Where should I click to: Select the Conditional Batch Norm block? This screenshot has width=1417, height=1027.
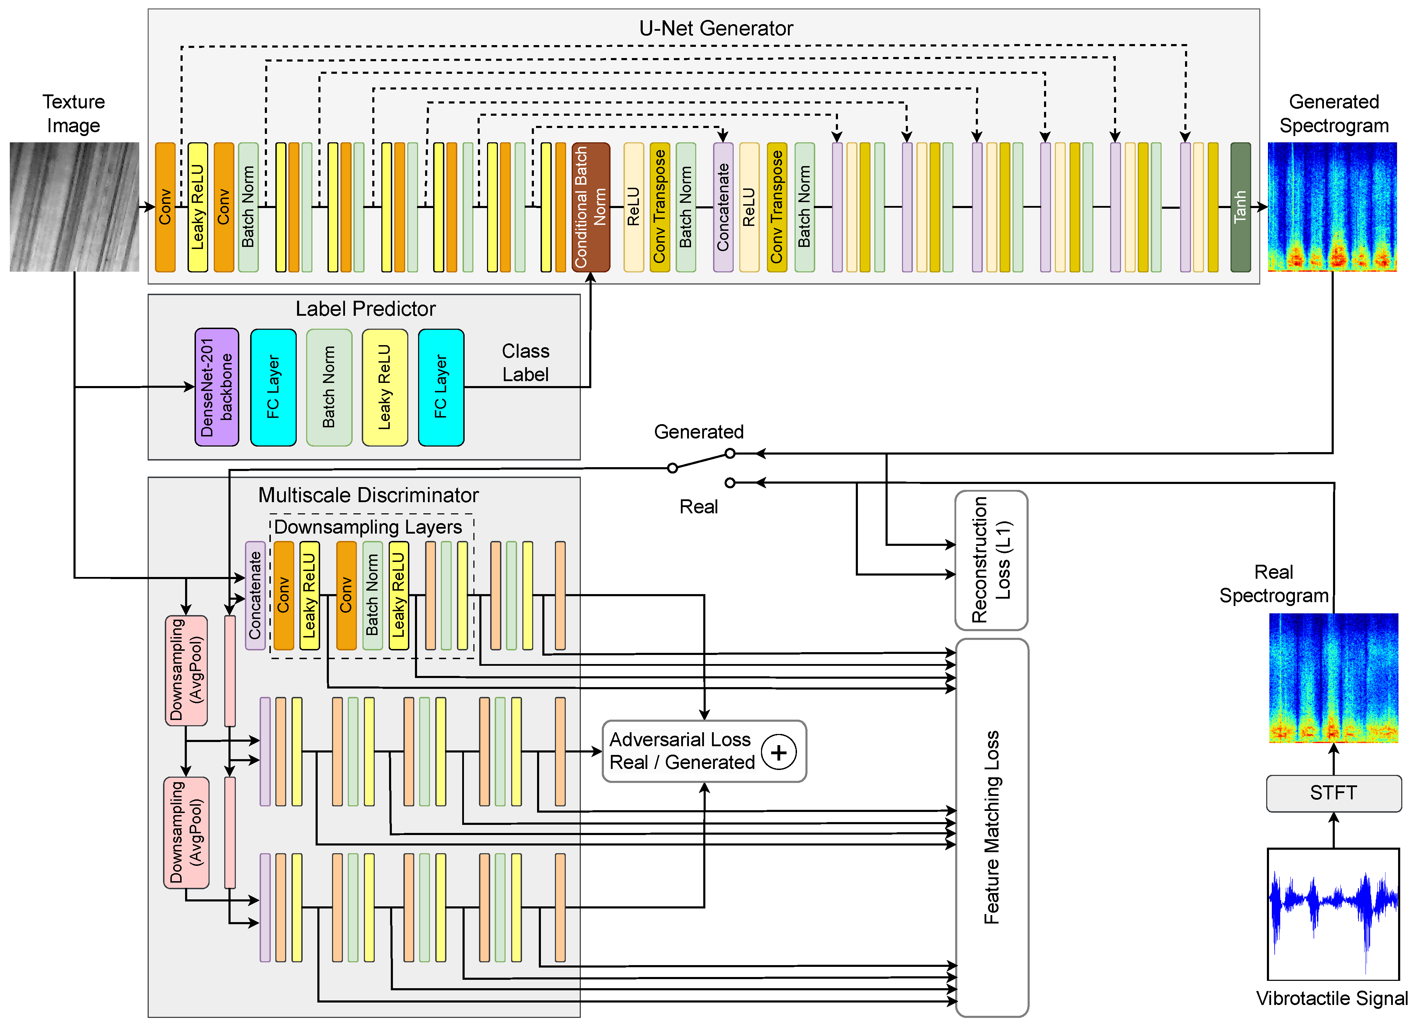pyautogui.click(x=591, y=207)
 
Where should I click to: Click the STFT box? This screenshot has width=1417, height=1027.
pyautogui.click(x=1333, y=793)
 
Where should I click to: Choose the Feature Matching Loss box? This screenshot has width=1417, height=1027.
pyautogui.click(x=992, y=827)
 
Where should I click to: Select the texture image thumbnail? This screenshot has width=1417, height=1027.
pyautogui.click(x=74, y=207)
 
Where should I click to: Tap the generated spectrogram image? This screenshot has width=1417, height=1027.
pyautogui.click(x=1332, y=207)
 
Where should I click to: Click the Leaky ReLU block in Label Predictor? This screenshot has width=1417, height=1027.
pyautogui.click(x=385, y=387)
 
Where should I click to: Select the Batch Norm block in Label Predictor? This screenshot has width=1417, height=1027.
pyautogui.click(x=329, y=387)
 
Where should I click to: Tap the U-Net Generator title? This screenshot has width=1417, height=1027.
pyautogui.click(x=715, y=28)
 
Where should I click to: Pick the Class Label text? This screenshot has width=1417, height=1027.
pyautogui.click(x=526, y=363)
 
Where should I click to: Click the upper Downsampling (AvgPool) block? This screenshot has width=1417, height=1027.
pyautogui.click(x=186, y=671)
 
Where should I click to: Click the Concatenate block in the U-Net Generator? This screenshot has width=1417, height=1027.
pyautogui.click(x=723, y=207)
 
